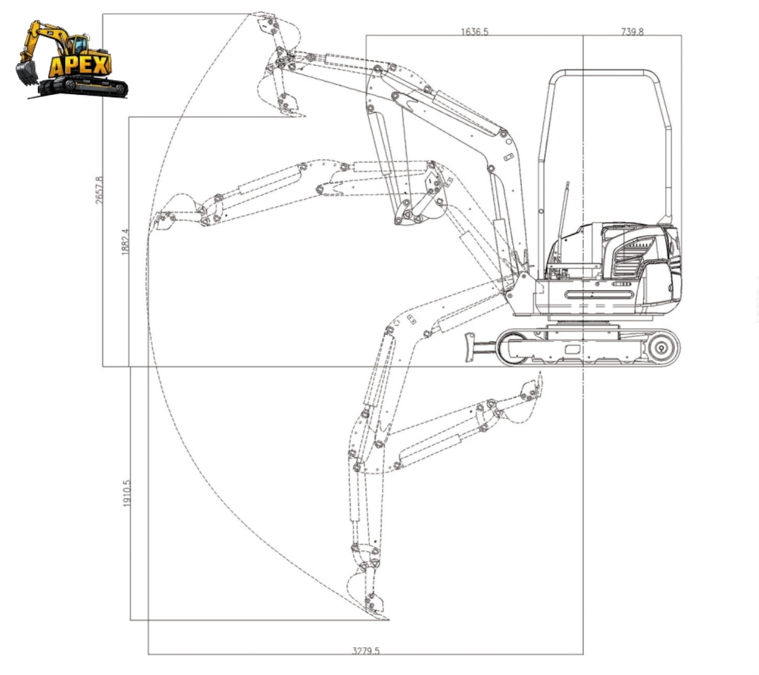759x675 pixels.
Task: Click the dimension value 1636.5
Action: [x=474, y=31]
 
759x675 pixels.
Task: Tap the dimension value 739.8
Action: [x=632, y=31]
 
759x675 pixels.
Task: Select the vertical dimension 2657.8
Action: [x=98, y=189]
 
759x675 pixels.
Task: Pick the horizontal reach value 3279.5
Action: [x=366, y=650]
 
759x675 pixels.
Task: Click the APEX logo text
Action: [x=80, y=65]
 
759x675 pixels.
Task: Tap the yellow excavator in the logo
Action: [x=70, y=60]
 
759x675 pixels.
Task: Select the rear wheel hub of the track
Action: [x=661, y=347]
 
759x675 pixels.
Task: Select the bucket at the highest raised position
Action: [x=278, y=28]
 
